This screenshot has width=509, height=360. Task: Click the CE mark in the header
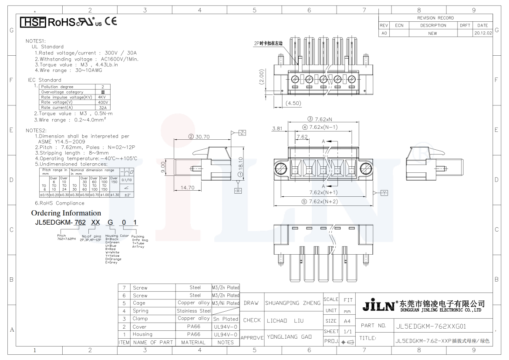pos(111,21)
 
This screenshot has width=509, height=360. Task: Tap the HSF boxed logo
pos(33,22)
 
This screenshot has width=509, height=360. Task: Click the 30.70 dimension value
pos(202,137)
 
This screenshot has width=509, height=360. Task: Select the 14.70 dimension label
pos(187,188)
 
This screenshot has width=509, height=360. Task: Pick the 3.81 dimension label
pos(277,128)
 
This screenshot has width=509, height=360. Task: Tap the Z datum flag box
pos(243,133)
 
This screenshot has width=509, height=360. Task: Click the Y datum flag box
pos(384,193)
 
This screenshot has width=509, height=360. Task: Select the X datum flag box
pos(238,191)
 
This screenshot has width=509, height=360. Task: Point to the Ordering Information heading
pos(66,213)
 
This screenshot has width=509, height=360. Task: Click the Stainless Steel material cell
pos(193,311)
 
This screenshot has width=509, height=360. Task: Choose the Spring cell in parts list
pos(141,311)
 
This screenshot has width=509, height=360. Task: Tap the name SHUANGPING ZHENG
pos(293,303)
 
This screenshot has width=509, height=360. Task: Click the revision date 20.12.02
pos(483,33)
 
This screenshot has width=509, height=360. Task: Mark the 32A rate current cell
pos(102,108)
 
